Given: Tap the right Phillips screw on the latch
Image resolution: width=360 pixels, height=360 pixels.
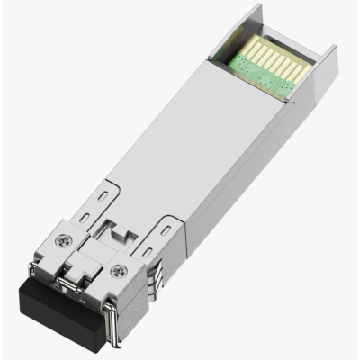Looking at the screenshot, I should tap(114, 271).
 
